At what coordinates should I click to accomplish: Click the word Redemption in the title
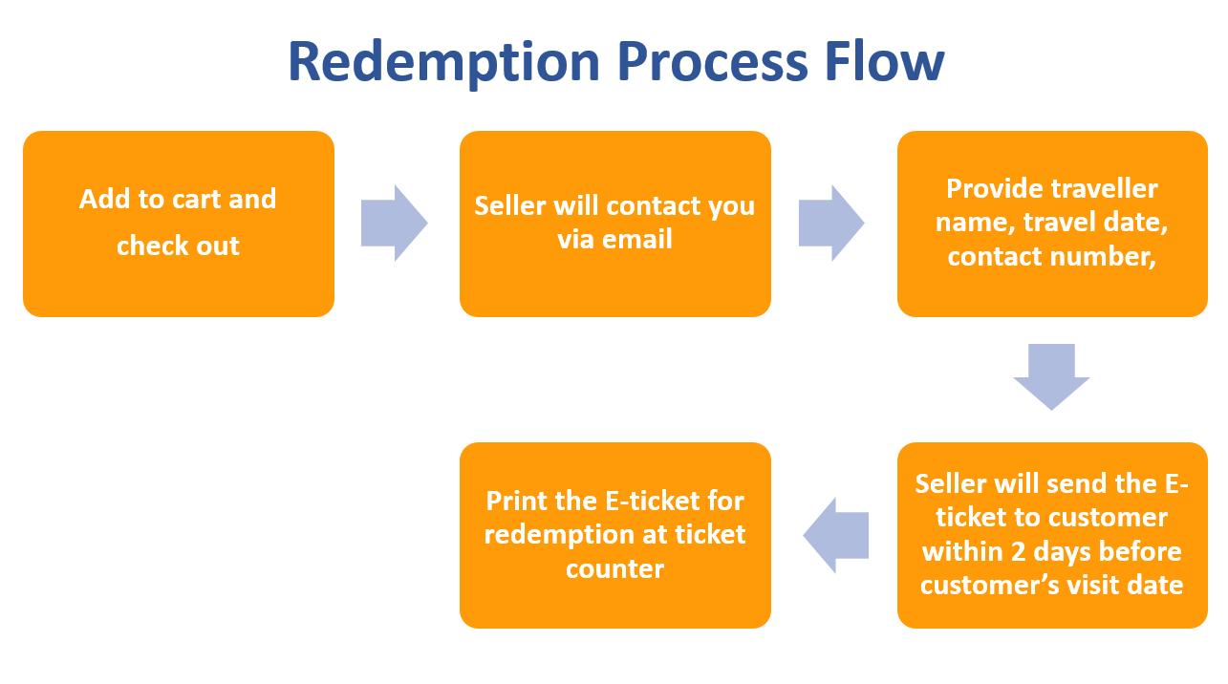[443, 62]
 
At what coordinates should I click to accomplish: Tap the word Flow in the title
[884, 61]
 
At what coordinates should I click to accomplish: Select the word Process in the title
[712, 62]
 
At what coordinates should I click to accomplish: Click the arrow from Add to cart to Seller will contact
[394, 224]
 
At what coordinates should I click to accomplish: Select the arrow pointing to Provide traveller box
[831, 224]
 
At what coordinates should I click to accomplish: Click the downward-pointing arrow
[1051, 376]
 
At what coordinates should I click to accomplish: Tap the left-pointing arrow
[836, 535]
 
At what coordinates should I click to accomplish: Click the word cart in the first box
[194, 199]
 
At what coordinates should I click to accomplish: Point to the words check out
[178, 246]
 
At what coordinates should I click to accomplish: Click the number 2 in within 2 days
[1018, 551]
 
